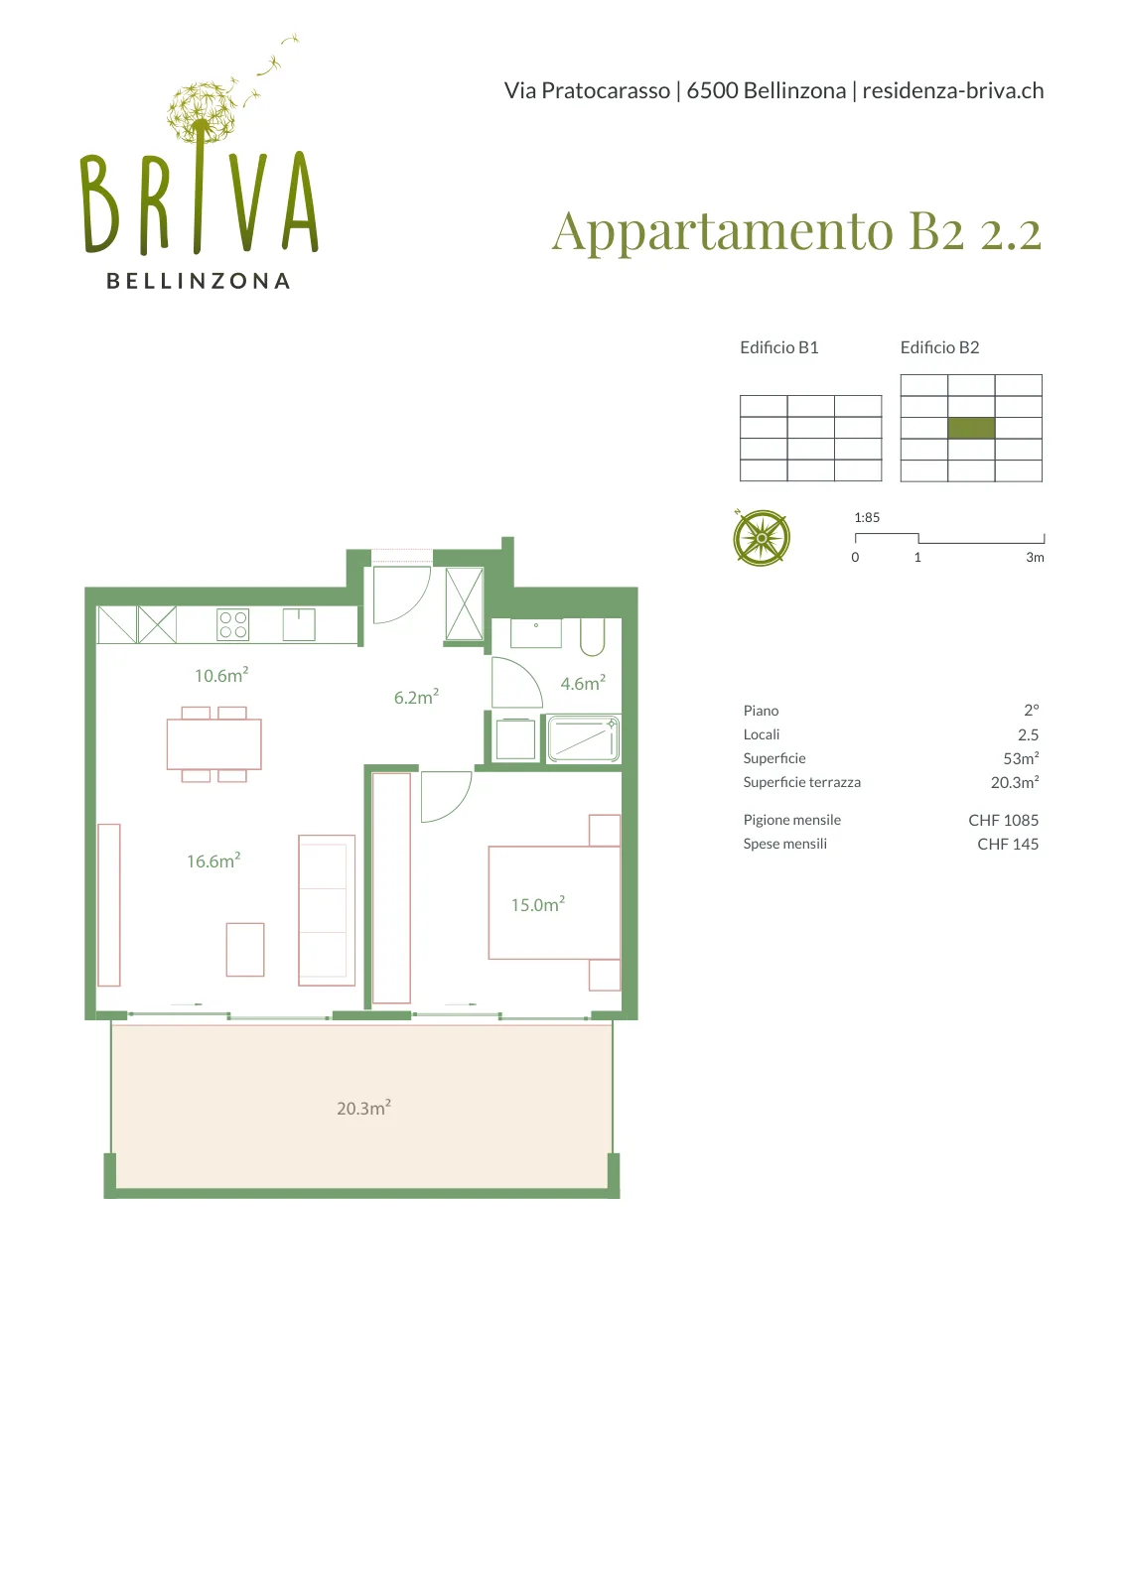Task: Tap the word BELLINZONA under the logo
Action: pos(199,282)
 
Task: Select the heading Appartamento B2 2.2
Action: pos(797,232)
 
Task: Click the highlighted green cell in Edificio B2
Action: pos(971,428)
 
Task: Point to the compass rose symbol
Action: pos(761,537)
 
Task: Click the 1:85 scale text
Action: pos(867,517)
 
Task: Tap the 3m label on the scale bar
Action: pos(1035,557)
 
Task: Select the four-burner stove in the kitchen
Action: pos(233,624)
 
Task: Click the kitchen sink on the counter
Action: pos(299,624)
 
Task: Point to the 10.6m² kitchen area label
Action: pos(221,675)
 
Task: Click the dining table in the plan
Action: pos(214,744)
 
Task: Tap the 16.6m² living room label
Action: pos(213,860)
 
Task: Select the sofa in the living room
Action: pos(327,910)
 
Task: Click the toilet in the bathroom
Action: pos(592,636)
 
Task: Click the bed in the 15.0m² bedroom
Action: pos(554,902)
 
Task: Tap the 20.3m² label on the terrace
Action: pos(363,1108)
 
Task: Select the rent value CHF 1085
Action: pos(1004,820)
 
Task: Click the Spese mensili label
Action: pos(785,844)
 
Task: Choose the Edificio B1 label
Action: pos(779,347)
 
